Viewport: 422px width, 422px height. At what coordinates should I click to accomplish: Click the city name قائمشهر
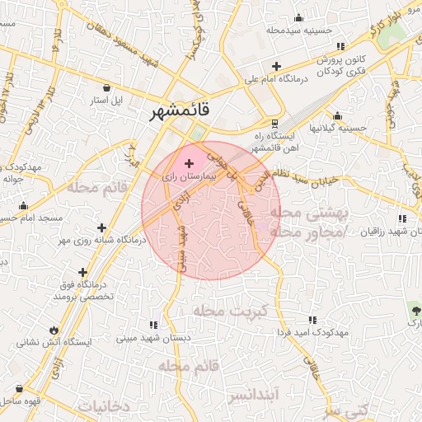[179, 111]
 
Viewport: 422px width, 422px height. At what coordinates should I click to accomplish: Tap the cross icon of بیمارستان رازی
[190, 163]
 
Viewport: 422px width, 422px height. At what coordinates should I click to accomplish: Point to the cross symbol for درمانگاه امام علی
[276, 66]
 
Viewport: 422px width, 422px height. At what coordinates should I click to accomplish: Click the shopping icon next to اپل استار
[108, 87]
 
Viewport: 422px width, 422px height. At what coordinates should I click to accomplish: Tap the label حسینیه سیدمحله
[299, 30]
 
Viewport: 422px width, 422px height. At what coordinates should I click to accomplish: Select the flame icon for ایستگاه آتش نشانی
[54, 326]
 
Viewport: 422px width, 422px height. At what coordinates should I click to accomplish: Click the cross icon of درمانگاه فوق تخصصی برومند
[82, 272]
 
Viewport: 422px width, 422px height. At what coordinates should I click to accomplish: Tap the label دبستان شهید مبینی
[153, 337]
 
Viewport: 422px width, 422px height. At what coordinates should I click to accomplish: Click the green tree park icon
[414, 310]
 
